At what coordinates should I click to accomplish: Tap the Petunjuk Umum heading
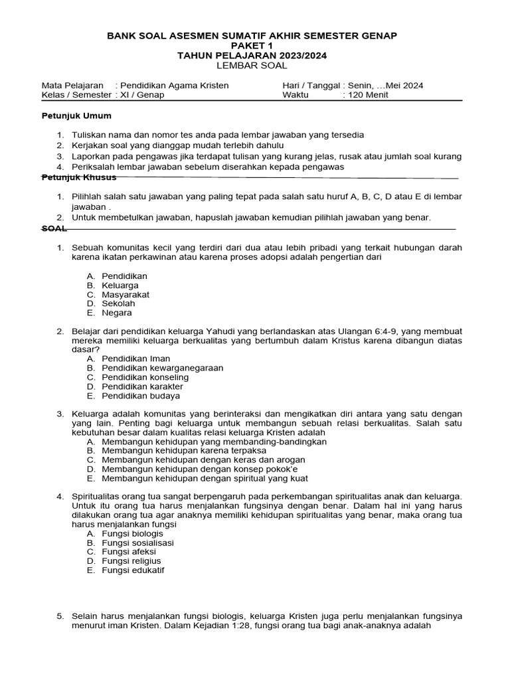click(73, 116)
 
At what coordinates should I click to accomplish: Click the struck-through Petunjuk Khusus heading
click(79, 177)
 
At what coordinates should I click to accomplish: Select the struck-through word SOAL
click(54, 228)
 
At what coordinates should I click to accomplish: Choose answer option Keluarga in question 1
click(120, 285)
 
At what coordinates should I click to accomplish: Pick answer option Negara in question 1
click(117, 313)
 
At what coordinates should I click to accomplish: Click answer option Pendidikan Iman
click(136, 359)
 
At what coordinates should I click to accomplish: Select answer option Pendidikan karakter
click(142, 386)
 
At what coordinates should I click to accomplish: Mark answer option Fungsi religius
click(131, 560)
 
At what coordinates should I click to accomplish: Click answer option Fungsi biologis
click(132, 533)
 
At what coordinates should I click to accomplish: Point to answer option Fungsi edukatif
click(133, 570)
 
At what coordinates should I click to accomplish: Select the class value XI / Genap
click(141, 95)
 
